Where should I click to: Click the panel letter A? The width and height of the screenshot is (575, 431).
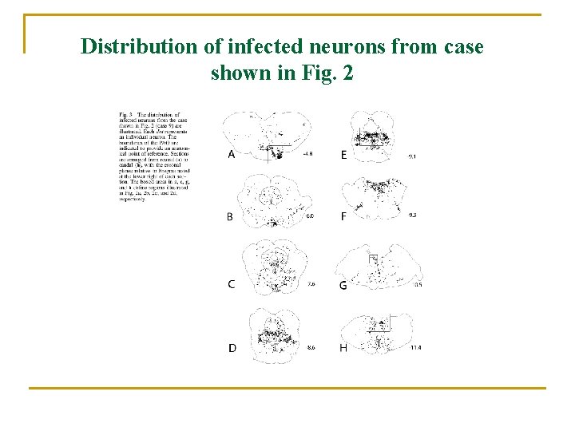point(231,155)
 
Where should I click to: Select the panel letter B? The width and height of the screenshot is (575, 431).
point(230,216)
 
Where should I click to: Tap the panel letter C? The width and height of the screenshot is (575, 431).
point(231,284)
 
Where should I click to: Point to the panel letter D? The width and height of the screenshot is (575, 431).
point(232,348)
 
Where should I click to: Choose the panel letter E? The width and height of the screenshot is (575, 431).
point(344,155)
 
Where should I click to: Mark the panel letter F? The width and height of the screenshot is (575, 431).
point(343,216)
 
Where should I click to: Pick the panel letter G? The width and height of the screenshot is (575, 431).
point(343,285)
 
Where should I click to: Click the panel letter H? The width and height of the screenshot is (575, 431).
point(343,348)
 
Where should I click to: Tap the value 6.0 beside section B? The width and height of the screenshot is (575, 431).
point(311,216)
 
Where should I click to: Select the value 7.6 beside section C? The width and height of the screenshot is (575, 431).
point(311,284)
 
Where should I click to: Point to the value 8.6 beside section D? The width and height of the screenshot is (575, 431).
point(311,348)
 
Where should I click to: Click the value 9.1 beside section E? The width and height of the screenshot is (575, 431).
point(412,156)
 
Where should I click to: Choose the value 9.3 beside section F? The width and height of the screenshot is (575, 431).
point(412,215)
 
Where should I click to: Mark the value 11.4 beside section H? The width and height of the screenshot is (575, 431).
point(415,348)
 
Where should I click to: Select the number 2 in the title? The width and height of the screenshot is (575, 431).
point(347,73)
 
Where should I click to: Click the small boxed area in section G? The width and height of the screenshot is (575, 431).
point(372,259)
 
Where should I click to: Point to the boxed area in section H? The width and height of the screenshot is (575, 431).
point(382,323)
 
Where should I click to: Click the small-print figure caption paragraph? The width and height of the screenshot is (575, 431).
point(149,156)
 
